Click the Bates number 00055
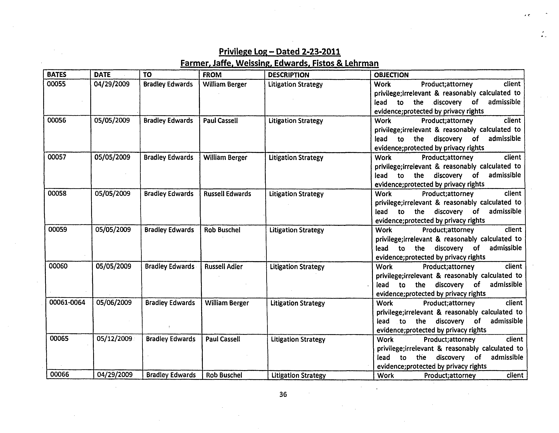pos(56,84)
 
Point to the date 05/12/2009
pos(114,339)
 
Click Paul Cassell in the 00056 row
pos(220,121)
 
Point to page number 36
pos(283,394)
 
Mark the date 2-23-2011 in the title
pos(321,52)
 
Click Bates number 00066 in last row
pos(60,374)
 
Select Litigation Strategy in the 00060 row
pos(297,267)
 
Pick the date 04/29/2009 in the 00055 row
pos(112,84)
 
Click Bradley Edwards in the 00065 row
pos(170,339)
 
